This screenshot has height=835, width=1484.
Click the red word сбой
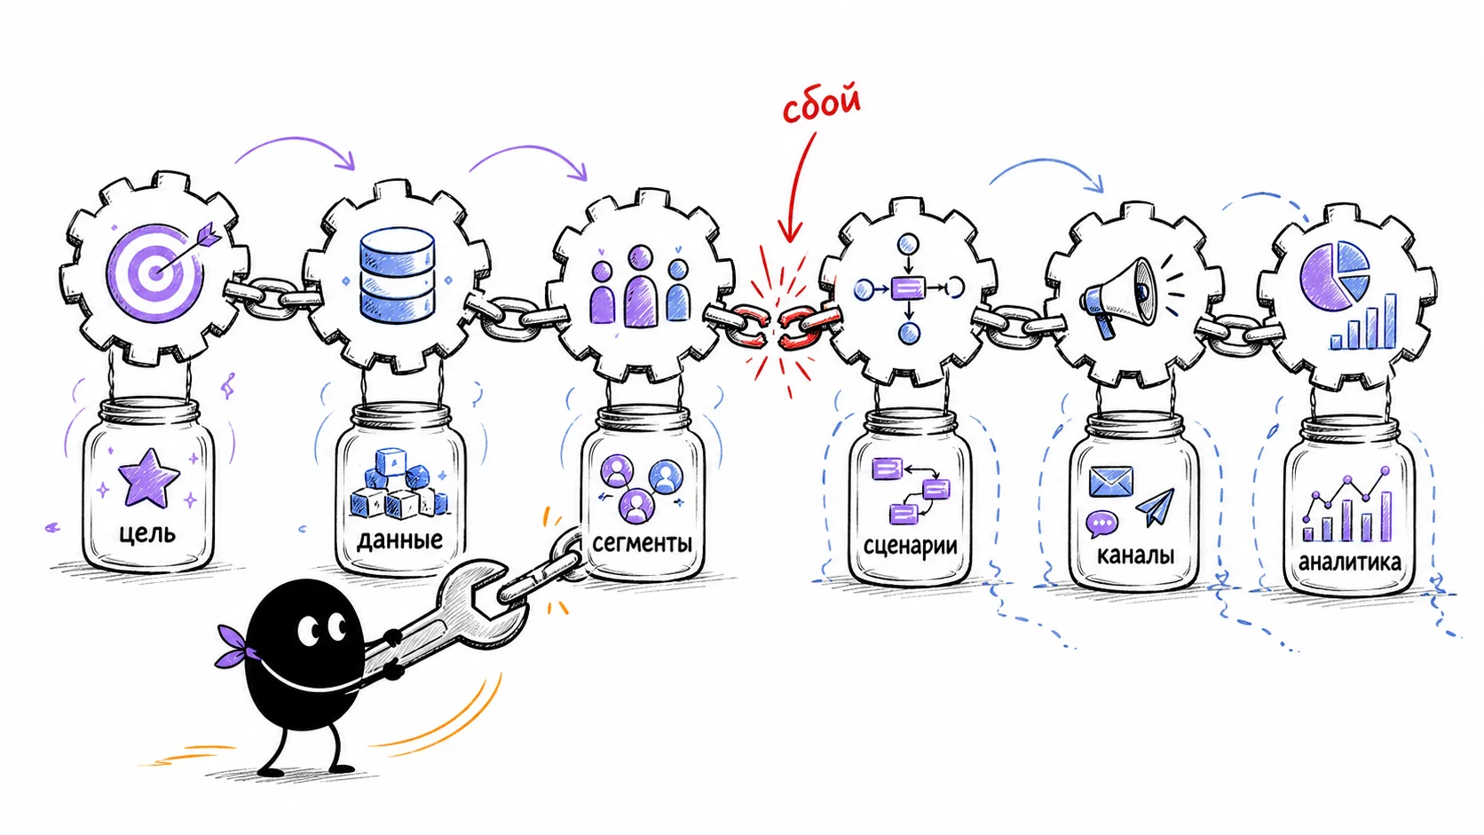(822, 103)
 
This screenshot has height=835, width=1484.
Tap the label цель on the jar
(147, 533)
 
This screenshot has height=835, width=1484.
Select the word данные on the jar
(399, 540)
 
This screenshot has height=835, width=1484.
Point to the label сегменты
(642, 543)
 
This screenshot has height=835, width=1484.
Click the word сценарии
(910, 547)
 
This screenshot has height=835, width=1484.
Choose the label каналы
(1135, 554)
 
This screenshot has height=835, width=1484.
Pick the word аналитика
(1349, 563)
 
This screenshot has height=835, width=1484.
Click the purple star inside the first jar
(148, 477)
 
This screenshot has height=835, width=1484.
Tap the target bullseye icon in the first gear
(155, 272)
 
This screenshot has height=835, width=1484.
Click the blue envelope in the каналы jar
(1111, 482)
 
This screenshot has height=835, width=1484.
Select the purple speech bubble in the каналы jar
(1101, 524)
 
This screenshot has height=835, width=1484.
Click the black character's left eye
(310, 631)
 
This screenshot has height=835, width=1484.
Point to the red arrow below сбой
(797, 186)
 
